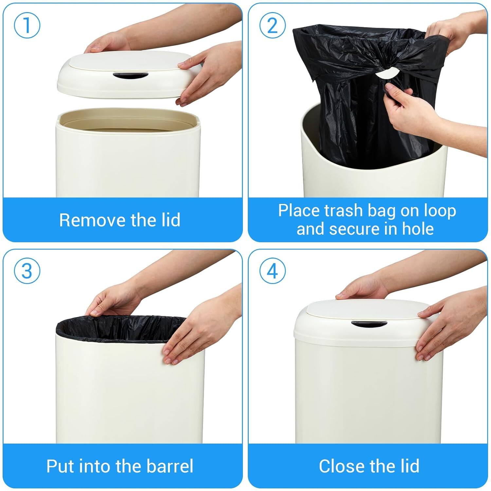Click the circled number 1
27,26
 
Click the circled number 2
272,26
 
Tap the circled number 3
27,271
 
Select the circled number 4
272,271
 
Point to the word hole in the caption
418,229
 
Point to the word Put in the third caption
60,466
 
